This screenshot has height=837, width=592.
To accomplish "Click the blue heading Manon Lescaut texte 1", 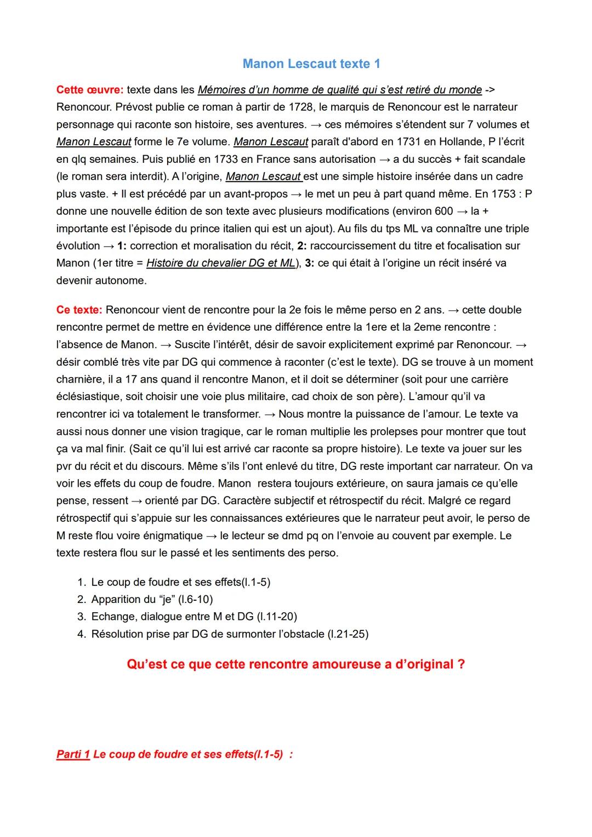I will pos(311,64).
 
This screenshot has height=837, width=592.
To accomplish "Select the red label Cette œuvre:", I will pos(89,89).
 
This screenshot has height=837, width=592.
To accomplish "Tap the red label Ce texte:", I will pos(79,310).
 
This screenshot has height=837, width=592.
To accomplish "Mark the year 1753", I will pos(503,193).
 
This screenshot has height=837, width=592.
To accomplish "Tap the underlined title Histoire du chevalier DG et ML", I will pos(221,263).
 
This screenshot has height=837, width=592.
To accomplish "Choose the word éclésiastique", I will pos(87,396).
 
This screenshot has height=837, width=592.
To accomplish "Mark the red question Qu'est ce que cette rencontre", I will pos(296,664).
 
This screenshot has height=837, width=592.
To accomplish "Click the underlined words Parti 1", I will pos(73,754).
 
